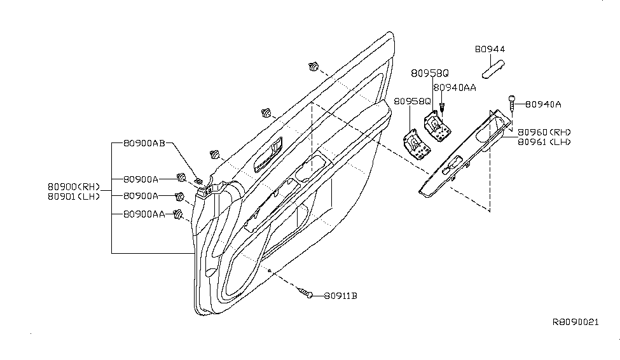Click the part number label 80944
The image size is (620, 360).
pos(490,50)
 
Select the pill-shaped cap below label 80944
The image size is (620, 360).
pos(493,69)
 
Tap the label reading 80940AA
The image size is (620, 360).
pos(455,88)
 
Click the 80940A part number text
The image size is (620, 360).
pos(543,104)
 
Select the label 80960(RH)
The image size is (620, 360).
pos(544,132)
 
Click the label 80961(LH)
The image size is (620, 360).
pos(544,142)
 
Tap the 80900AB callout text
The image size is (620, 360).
pos(144,143)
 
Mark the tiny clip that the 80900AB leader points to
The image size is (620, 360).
pos(199,181)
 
